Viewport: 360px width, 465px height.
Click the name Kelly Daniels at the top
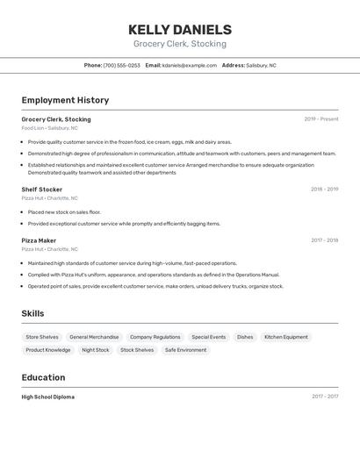[x=180, y=29]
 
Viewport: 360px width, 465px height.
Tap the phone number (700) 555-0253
[x=121, y=65]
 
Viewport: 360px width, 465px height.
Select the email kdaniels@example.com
[x=189, y=65]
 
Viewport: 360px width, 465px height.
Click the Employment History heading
[x=65, y=100]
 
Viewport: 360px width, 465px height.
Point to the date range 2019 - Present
[x=321, y=119]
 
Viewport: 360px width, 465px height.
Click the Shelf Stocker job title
[x=42, y=190]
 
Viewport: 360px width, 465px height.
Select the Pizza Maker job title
[x=39, y=240]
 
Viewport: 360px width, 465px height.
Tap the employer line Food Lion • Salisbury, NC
[x=49, y=128]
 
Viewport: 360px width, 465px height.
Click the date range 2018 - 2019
[x=324, y=190]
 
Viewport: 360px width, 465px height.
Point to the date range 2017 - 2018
[x=324, y=240]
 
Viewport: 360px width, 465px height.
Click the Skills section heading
[x=32, y=313]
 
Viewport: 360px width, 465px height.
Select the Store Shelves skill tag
[x=42, y=337]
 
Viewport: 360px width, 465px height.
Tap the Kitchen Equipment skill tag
[x=286, y=337]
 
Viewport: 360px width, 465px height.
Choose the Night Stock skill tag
[x=96, y=350]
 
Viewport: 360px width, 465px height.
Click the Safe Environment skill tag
[x=185, y=350]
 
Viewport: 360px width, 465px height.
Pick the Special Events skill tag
[x=208, y=337]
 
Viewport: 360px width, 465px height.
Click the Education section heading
[x=43, y=377]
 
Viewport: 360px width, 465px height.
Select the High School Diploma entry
[x=48, y=397]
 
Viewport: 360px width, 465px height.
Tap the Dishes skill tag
[x=245, y=337]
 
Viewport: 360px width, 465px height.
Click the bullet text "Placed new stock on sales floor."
[x=64, y=212]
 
